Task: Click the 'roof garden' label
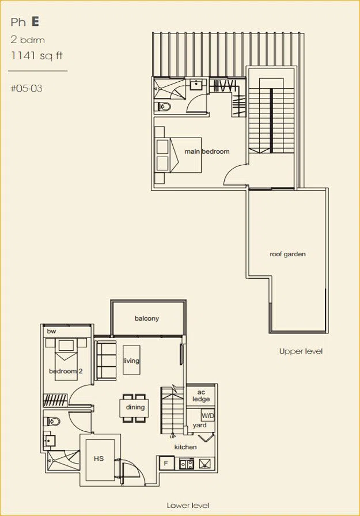(x=287, y=254)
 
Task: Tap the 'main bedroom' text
(x=207, y=151)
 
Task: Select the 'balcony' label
(x=147, y=318)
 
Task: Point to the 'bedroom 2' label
(x=66, y=371)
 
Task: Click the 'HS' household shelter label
(x=98, y=458)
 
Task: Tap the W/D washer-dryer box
(x=207, y=416)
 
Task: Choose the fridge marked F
(x=166, y=463)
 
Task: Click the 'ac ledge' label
(x=201, y=396)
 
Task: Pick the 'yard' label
(x=199, y=425)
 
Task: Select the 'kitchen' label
(x=185, y=447)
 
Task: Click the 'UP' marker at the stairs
(x=173, y=437)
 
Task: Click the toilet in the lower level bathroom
(x=52, y=422)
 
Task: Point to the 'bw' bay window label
(x=51, y=331)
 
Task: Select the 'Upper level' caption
(x=301, y=351)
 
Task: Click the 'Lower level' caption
(x=188, y=505)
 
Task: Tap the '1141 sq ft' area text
(x=36, y=55)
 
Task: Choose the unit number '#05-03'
(x=26, y=88)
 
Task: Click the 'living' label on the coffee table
(x=131, y=361)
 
